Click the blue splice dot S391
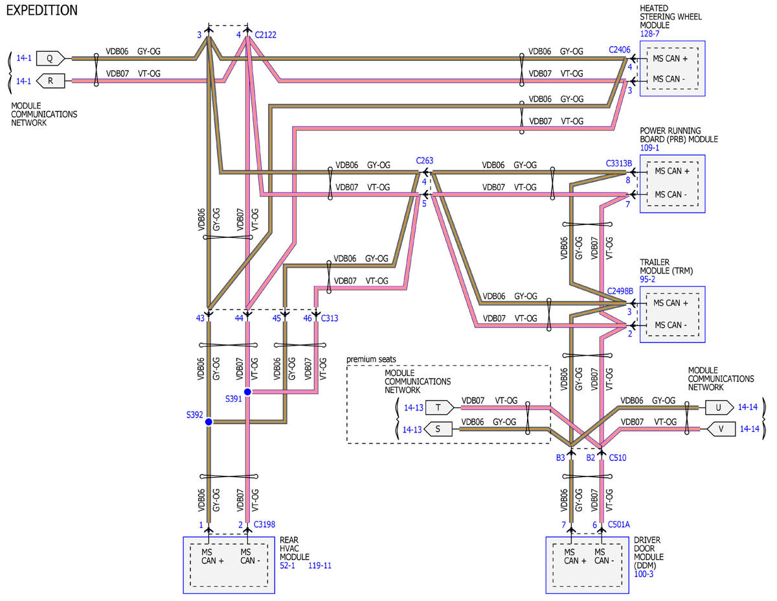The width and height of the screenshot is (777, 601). (x=247, y=392)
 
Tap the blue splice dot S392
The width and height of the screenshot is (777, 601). (x=209, y=422)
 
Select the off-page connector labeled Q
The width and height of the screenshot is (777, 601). (x=51, y=58)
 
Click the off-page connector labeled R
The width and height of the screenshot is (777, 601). (x=51, y=81)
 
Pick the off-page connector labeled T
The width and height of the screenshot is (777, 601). (x=440, y=407)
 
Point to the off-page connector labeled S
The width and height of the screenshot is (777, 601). (x=438, y=429)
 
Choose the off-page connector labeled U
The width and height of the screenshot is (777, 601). (x=719, y=407)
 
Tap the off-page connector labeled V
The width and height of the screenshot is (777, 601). (x=721, y=429)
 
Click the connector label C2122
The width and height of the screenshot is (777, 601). (x=265, y=35)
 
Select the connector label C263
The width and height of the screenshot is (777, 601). (x=424, y=160)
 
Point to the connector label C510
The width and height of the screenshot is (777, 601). (x=618, y=458)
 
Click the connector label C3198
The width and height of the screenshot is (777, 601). (x=264, y=524)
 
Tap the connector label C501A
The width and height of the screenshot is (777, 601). (x=618, y=524)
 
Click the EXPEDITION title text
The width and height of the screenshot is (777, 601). (x=42, y=10)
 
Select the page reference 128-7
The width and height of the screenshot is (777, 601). (x=649, y=34)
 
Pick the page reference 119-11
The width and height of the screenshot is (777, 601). (x=320, y=565)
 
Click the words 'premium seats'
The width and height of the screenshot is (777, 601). (x=371, y=359)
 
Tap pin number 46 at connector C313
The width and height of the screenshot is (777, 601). (x=308, y=318)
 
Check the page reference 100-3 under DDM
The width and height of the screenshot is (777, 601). (x=644, y=574)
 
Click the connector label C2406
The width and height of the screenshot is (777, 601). (x=620, y=50)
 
